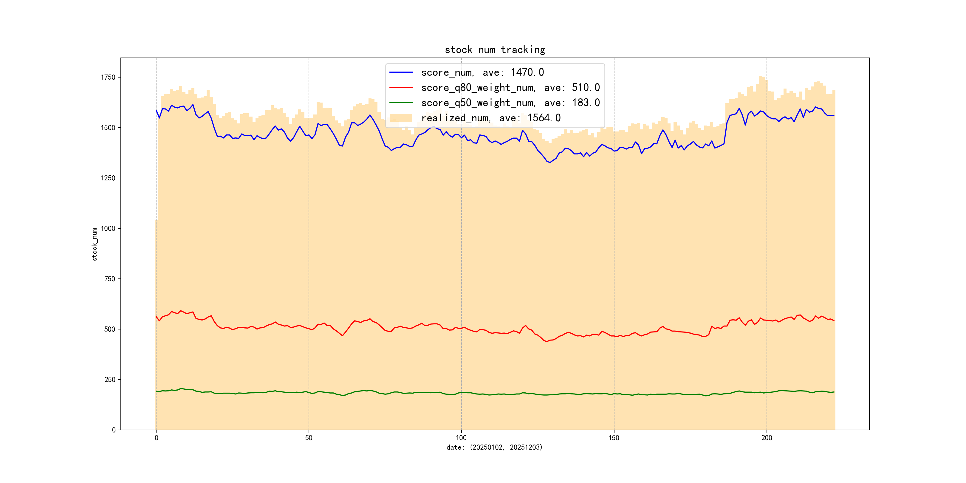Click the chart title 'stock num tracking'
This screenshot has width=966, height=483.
[495, 50]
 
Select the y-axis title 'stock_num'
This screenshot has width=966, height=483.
[95, 244]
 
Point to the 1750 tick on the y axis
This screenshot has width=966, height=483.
[108, 77]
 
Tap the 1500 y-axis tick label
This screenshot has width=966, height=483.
[108, 128]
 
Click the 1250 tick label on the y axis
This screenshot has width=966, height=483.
[108, 178]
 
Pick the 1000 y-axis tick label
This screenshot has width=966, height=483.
[108, 228]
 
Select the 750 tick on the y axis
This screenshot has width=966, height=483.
[109, 279]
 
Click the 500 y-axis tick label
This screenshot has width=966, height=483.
[109, 329]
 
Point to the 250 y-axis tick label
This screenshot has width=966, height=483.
[109, 380]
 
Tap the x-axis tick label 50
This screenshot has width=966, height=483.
[309, 438]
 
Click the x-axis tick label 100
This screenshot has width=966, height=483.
[461, 438]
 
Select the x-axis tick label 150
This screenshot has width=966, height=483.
[614, 438]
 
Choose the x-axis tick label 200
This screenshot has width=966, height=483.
[767, 438]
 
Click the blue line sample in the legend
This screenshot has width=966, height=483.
[401, 72]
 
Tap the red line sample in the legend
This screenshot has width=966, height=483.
[401, 87]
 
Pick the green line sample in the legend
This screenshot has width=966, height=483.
[401, 102]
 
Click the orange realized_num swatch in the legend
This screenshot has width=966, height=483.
[401, 118]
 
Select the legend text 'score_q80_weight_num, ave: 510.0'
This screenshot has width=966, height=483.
[510, 87]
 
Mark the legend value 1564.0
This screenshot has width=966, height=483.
[544, 118]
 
